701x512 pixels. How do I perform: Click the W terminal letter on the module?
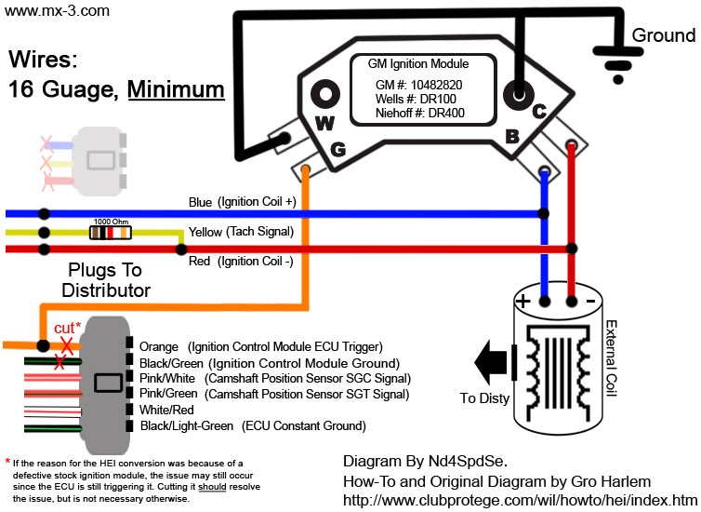coord(324,122)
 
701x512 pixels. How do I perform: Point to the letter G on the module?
coord(337,148)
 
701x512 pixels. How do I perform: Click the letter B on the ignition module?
coord(510,135)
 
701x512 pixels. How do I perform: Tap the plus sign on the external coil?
coord(522,301)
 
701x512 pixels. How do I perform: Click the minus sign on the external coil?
coord(589,301)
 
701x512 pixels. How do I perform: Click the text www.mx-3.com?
coord(57,11)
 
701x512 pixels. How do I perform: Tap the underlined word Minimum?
coord(176,89)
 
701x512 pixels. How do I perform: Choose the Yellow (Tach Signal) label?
coord(241,232)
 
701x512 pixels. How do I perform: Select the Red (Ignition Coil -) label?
coord(240,262)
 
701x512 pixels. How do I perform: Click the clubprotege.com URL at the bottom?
coord(520,500)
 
